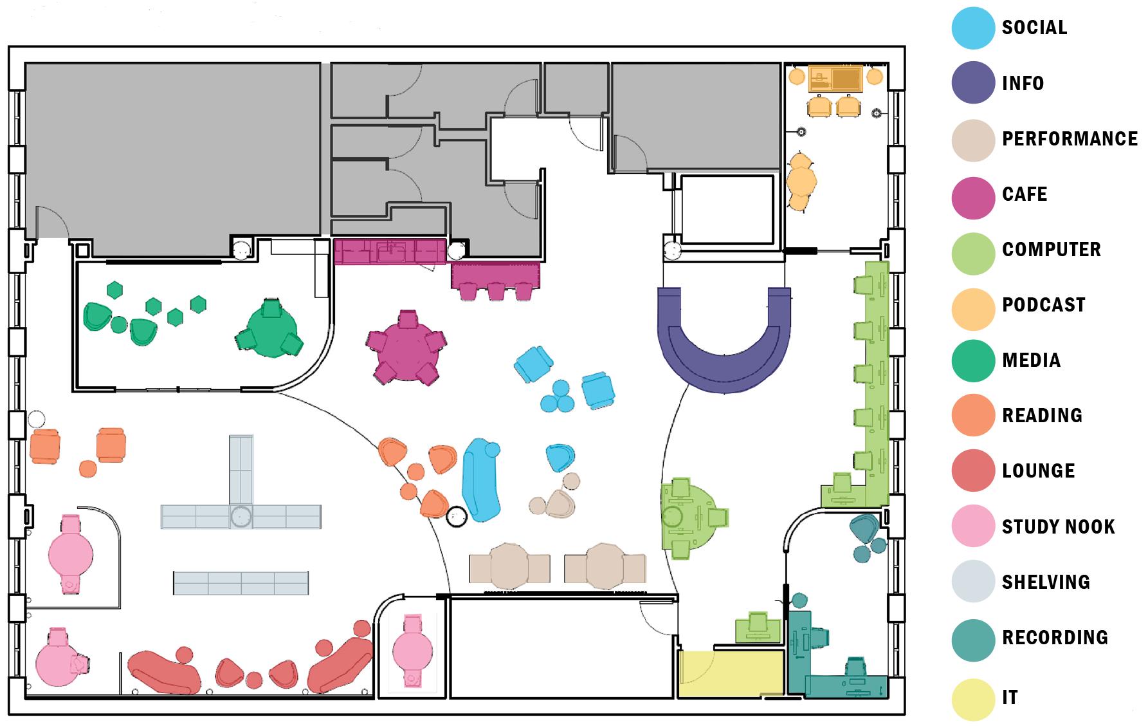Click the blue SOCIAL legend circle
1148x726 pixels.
click(973, 28)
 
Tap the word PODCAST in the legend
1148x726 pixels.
click(1043, 305)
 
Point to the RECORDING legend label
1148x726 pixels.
click(1055, 638)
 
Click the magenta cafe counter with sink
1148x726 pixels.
click(390, 252)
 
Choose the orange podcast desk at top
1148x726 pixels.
click(835, 78)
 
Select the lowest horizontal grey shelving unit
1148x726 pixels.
click(241, 583)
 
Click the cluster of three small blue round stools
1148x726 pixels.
click(557, 398)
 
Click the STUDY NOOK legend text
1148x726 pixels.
click(1058, 527)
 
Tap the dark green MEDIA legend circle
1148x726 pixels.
click(973, 361)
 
